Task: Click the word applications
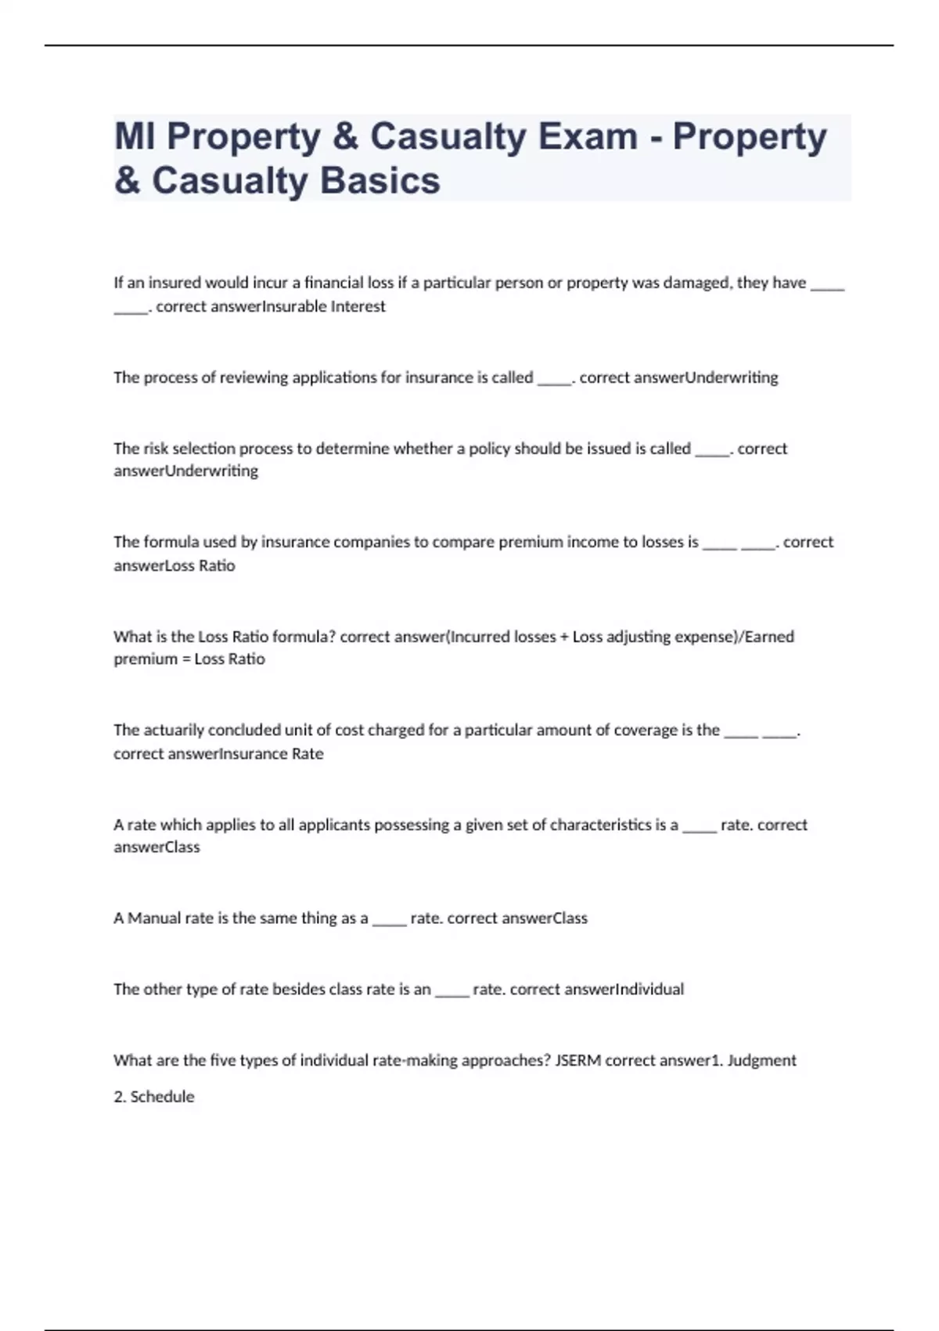point(334,377)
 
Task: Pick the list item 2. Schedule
point(154,1097)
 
